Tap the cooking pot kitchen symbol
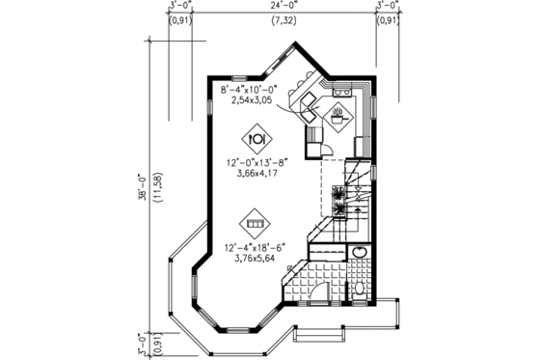pos(339,120)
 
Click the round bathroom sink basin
pos(359,254)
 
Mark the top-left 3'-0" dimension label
pos(180,6)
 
